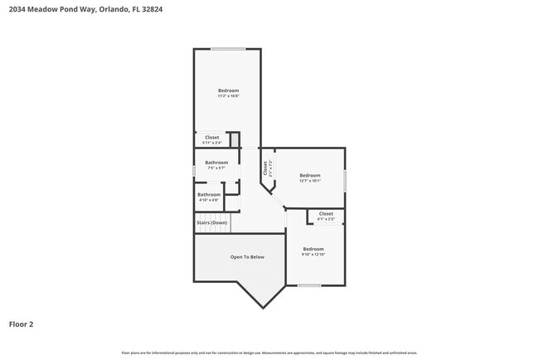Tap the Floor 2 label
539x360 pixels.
tap(22, 324)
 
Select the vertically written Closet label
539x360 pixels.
tap(266, 168)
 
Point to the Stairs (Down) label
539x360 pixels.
tap(211, 222)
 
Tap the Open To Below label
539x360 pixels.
tap(247, 257)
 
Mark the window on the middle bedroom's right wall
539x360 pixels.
tap(345, 180)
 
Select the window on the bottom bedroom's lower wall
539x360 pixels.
tap(309, 285)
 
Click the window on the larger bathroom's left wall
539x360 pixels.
tap(195, 170)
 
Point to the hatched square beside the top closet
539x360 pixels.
tap(235, 139)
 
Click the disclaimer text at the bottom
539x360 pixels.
tap(269, 352)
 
